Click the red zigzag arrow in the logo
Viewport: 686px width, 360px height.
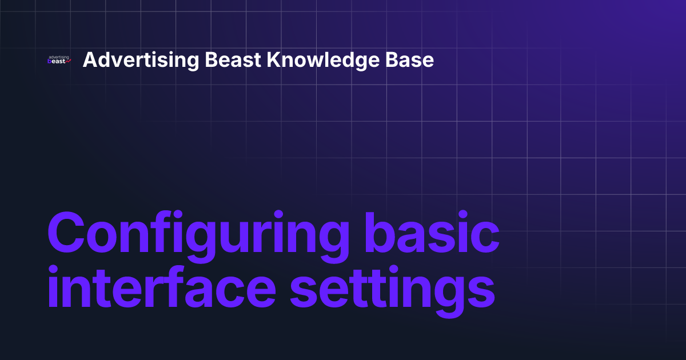(68, 62)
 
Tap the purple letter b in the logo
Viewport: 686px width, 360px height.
(50, 62)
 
